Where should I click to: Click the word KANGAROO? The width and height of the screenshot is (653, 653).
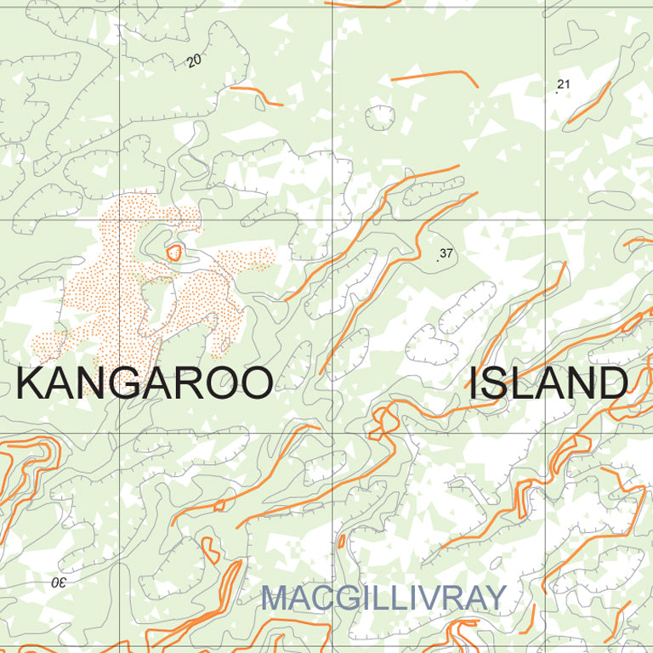145,383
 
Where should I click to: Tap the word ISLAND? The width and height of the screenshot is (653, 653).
548,383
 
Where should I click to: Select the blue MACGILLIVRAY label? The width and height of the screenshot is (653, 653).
383,598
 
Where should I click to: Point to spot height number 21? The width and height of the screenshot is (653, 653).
563,83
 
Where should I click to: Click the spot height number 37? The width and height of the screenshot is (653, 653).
446,253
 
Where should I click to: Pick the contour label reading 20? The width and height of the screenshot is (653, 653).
195,61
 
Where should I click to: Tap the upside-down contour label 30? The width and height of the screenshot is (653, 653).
58,582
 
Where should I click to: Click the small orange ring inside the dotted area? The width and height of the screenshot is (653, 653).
174,252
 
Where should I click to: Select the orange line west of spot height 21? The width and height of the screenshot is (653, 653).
434,76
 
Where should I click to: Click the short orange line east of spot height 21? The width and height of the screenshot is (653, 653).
589,102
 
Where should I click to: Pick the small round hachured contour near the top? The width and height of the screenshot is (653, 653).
379,117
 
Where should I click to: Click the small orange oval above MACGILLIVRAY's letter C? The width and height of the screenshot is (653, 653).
342,541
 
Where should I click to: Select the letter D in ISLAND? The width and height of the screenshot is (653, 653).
611,383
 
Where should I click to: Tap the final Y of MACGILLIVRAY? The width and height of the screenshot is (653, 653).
494,598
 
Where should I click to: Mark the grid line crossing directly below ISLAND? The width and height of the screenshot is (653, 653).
545,433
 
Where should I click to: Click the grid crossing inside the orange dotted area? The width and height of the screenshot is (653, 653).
119,220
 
